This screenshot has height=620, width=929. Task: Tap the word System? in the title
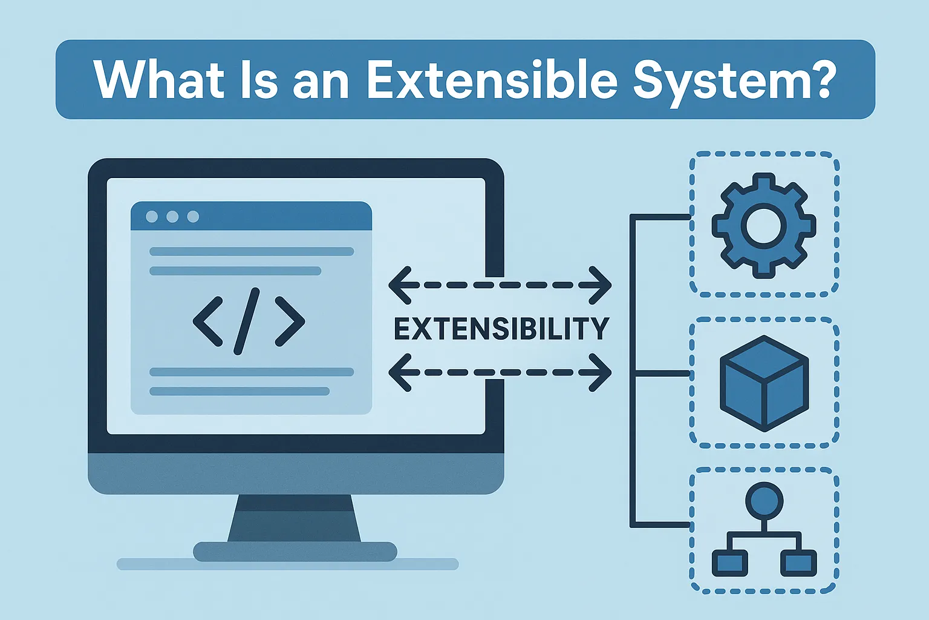point(734,81)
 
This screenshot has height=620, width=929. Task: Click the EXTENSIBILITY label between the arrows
point(501,329)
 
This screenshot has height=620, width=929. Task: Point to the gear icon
point(764,226)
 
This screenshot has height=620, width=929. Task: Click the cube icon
point(764,383)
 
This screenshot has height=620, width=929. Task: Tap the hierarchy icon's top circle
point(764,501)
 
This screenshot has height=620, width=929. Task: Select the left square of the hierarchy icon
point(729,563)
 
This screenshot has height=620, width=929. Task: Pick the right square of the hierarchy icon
point(798,563)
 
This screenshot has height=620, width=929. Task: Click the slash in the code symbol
point(247,321)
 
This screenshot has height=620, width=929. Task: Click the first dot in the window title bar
point(152,216)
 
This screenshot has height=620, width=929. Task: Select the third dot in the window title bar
point(193,216)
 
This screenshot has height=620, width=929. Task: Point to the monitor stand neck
point(295,518)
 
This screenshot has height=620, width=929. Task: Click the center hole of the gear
point(764,226)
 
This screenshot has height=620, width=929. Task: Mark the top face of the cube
point(764,357)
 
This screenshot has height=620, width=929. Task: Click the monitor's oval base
point(295,552)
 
